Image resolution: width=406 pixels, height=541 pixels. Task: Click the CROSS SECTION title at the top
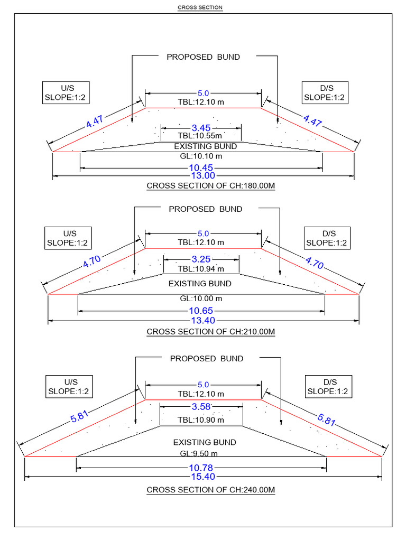pyautogui.click(x=200, y=7)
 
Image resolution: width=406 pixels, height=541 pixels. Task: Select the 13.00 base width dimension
pyautogui.click(x=202, y=175)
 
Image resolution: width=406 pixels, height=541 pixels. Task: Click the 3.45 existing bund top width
pyautogui.click(x=201, y=127)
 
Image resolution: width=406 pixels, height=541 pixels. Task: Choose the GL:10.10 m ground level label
pyautogui.click(x=201, y=156)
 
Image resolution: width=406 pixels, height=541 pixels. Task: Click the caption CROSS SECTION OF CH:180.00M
pyautogui.click(x=210, y=186)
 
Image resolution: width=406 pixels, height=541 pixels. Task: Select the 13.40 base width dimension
pyautogui.click(x=202, y=321)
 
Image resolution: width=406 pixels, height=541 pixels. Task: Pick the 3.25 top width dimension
pyautogui.click(x=201, y=259)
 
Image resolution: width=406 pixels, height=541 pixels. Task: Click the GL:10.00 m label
pyautogui.click(x=201, y=298)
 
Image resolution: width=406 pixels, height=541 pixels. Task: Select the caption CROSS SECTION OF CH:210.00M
pyautogui.click(x=210, y=332)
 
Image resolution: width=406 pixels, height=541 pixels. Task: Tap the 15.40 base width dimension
pyautogui.click(x=202, y=477)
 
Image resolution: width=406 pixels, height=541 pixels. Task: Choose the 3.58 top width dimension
pyautogui.click(x=201, y=406)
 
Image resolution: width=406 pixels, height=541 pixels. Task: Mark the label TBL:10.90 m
pyautogui.click(x=201, y=419)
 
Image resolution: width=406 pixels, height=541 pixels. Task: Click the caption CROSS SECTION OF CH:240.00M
pyautogui.click(x=210, y=490)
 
